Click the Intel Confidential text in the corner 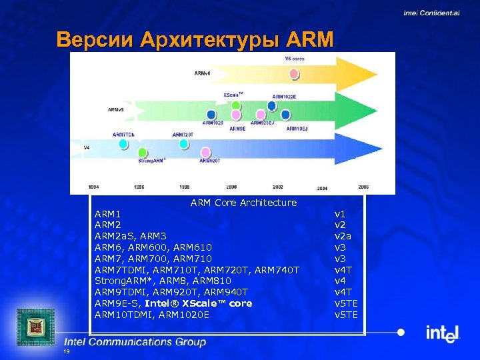pos(431,13)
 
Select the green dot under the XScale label pos(235,105)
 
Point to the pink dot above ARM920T pos(206,152)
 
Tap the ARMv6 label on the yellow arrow pos(202,73)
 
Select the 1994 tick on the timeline pos(95,187)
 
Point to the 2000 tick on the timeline pos(231,187)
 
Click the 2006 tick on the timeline pos(363,187)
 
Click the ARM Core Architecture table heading pos(243,203)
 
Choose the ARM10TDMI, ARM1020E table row pos(152,315)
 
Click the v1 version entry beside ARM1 pos(340,214)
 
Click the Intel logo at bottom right pos(443,333)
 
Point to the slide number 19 pos(66,351)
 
